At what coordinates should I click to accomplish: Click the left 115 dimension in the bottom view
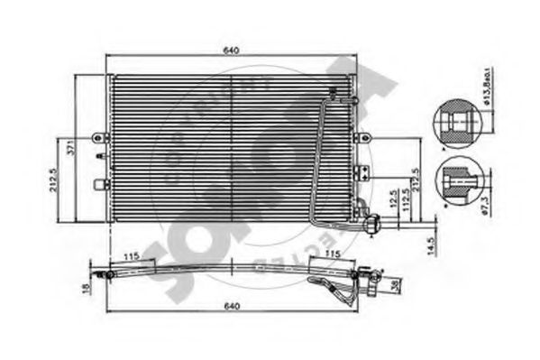click(x=131, y=257)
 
